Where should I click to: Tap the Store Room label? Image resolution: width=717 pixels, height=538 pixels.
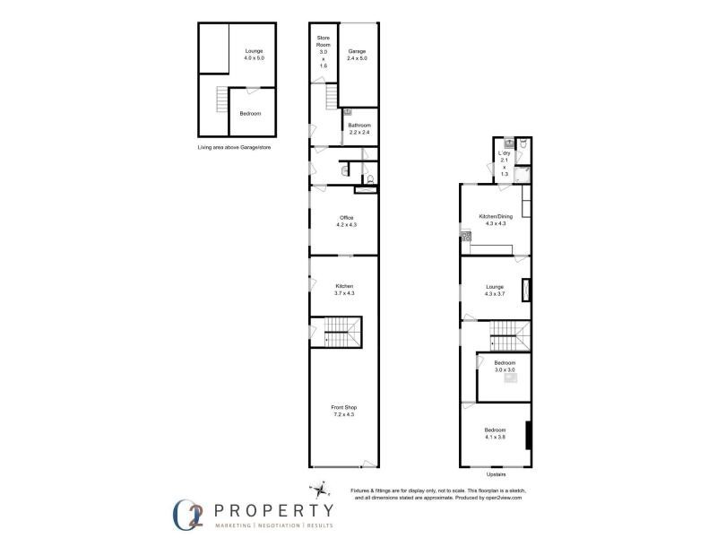click(x=324, y=39)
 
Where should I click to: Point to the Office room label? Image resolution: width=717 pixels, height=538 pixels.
click(x=346, y=218)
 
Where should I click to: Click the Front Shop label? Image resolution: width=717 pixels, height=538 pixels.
click(x=345, y=408)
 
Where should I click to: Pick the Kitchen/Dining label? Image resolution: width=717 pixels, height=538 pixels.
click(x=496, y=216)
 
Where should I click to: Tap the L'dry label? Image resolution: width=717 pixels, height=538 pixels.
click(x=505, y=153)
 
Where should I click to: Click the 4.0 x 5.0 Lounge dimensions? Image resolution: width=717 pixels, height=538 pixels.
click(x=255, y=58)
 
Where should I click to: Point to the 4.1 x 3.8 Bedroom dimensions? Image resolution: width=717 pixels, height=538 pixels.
click(x=496, y=437)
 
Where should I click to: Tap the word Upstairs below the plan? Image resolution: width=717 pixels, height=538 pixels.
click(x=496, y=474)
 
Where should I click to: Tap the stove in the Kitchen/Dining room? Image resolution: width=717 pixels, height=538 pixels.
click(x=465, y=238)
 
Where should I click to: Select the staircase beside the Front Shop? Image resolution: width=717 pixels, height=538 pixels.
click(x=340, y=333)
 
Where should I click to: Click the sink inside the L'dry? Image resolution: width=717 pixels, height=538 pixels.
click(x=508, y=142)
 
